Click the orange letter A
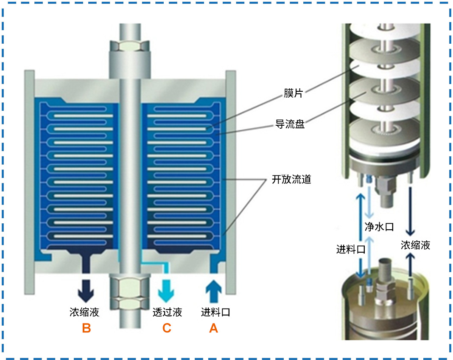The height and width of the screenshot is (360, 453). coord(213,328)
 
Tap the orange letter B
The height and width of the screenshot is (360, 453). coord(87,328)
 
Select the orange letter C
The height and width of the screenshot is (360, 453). coord(167,328)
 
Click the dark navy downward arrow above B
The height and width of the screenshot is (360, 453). coord(86,291)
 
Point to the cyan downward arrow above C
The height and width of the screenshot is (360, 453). coord(166,291)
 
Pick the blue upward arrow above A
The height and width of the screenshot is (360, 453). coord(213,291)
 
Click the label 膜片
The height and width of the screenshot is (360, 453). coord(293,93)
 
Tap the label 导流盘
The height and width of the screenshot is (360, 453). coord(290,124)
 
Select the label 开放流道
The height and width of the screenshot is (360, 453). coord(291,179)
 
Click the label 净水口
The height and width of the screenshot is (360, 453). coord(379,227)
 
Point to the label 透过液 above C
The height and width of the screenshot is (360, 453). coord(167,312)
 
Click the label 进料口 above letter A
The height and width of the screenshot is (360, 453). coord(215,312)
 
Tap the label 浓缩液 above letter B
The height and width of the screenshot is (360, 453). coord(84,312)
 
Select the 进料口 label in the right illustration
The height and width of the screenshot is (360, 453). coord(351,249)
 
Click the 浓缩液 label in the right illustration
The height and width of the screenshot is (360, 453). coord(415,245)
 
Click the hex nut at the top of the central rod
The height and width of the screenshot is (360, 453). coord(130,46)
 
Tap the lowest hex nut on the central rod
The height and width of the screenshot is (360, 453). coord(130,303)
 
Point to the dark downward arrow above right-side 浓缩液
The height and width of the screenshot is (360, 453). coord(410,211)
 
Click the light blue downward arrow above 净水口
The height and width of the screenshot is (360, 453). coord(369,202)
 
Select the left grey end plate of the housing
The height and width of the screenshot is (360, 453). coord(29,182)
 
